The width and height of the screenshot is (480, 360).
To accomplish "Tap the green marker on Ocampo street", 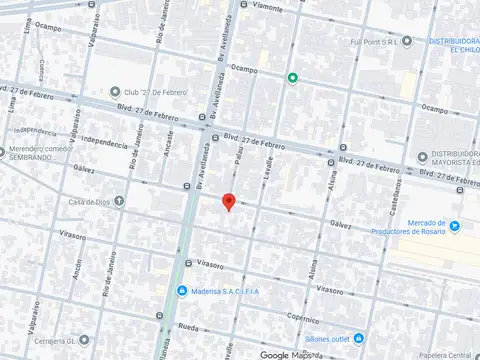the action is click(x=292, y=78).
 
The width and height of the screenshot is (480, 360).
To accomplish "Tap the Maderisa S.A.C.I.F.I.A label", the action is click(x=226, y=291).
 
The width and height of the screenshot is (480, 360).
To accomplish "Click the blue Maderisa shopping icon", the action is click(x=181, y=291).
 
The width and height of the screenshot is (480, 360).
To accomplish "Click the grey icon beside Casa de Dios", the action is click(x=119, y=200).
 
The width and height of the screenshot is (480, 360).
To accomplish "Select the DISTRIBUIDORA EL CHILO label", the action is click(x=454, y=45).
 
